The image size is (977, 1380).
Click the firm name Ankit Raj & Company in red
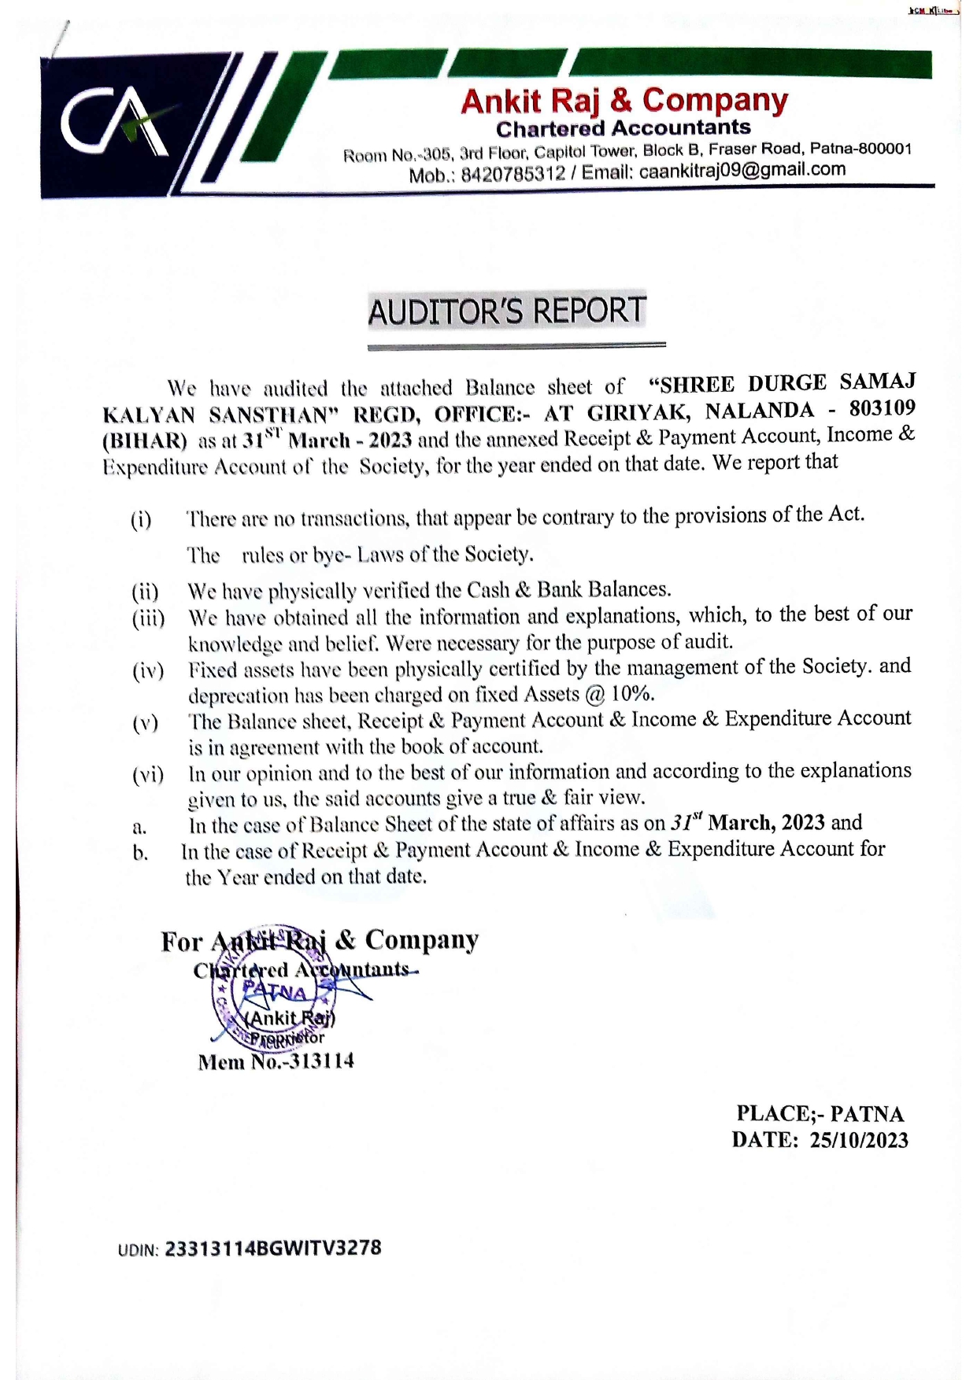624,101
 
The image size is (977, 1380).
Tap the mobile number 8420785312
513,174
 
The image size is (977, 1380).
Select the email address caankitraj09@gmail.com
742,170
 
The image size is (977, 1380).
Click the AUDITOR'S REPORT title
507,311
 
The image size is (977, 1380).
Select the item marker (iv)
148,671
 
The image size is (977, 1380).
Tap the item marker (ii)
146,592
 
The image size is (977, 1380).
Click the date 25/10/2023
859,1140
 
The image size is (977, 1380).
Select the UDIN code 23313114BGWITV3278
272,1249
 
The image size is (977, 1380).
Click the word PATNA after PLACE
867,1114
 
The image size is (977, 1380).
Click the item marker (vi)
148,775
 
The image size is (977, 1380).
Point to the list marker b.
140,853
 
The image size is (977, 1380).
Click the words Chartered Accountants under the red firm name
623,127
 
